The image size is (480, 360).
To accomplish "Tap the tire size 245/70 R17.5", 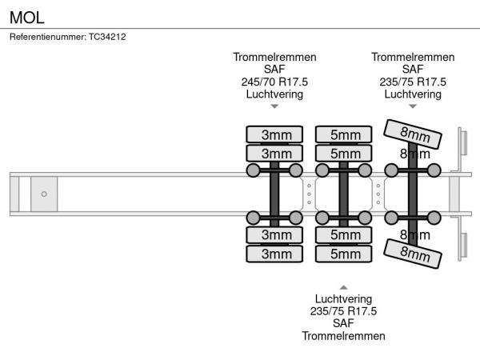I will (274, 82).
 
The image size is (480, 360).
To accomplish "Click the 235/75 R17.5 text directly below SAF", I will (413, 82).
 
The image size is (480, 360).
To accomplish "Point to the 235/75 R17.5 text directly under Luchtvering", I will (343, 311).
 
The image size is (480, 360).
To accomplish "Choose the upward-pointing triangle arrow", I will (343, 286).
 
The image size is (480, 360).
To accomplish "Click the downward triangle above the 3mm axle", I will (274, 106).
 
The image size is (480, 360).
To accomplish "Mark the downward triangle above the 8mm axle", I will (413, 106).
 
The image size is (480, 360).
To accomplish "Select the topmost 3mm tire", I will (276, 134).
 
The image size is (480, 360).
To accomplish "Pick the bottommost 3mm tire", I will (276, 254).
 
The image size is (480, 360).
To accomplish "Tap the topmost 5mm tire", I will (345, 134).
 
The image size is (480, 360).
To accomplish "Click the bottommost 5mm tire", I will (345, 254).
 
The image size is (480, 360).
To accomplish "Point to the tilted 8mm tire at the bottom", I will (414, 254).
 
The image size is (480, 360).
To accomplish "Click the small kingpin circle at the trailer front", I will (44, 194).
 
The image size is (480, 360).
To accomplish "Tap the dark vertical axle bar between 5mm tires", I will (344, 194).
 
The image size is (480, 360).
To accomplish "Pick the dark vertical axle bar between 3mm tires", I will (274, 194).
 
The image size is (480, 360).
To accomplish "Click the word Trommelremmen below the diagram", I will (343, 336).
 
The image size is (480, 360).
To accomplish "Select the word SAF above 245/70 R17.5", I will (274, 70).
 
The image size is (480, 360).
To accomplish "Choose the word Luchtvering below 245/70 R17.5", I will (274, 94).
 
